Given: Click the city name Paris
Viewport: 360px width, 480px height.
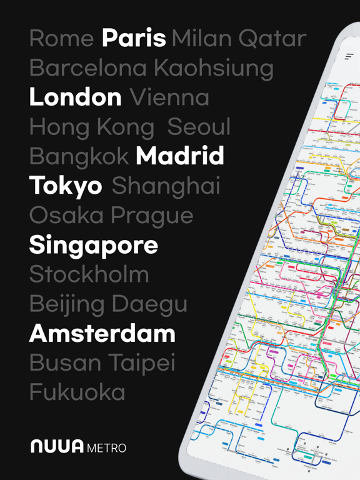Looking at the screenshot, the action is coord(134,39).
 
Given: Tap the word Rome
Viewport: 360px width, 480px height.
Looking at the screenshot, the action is coord(61,39).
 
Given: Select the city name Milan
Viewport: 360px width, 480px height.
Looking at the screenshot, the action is coord(201,39).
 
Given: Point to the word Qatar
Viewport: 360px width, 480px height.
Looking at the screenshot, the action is coord(273,39).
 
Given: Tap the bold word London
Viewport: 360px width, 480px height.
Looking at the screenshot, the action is coord(75,97).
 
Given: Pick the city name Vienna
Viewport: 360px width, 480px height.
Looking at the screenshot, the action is coord(169,97).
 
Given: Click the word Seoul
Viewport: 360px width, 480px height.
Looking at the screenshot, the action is coord(199,127).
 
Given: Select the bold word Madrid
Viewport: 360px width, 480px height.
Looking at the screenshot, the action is coord(180,156).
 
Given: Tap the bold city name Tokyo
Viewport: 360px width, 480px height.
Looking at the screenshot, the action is coord(66,186).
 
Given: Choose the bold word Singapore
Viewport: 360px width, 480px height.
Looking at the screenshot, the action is coord(94,246).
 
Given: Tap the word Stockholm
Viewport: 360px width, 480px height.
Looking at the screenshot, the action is coord(89,274).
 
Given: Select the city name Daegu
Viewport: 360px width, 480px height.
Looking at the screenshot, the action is coord(149,305).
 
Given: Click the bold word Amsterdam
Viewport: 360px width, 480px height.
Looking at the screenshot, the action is coord(102,334).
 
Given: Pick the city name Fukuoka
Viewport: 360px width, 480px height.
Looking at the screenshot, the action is coord(77,392).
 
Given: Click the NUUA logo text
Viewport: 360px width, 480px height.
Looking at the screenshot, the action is coord(57,446).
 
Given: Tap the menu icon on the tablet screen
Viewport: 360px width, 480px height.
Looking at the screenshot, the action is coord(349,57).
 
